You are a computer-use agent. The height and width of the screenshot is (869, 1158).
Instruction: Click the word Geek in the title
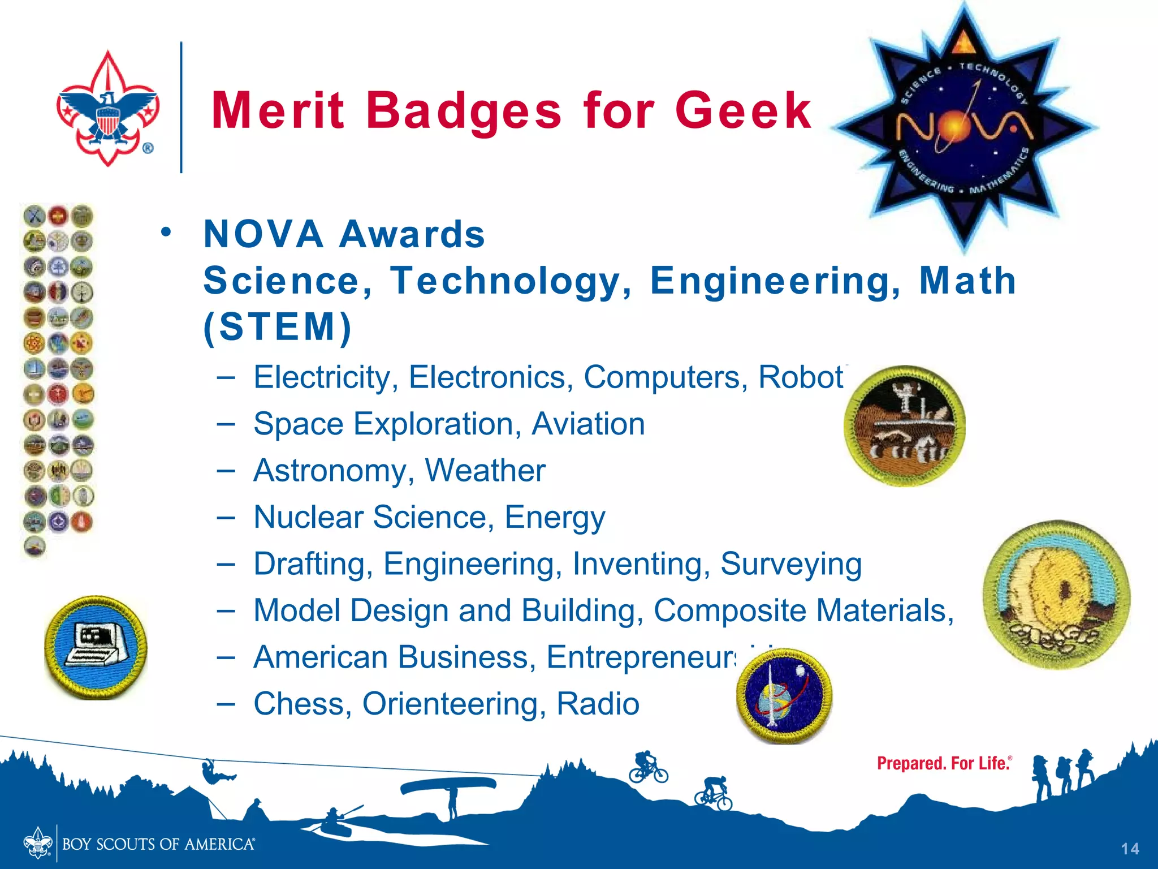coord(743,110)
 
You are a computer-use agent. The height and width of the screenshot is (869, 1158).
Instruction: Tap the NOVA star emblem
coord(964,127)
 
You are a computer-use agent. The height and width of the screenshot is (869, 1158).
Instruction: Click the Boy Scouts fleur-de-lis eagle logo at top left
coord(107,109)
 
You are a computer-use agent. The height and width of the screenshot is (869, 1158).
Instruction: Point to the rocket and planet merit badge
coord(784,696)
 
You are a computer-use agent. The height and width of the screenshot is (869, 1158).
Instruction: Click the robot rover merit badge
coord(904,425)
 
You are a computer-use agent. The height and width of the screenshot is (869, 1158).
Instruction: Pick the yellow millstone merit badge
coord(1056,594)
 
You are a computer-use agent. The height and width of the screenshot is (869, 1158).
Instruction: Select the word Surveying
coord(790,564)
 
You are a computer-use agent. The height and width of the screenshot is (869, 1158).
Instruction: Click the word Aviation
coord(588,424)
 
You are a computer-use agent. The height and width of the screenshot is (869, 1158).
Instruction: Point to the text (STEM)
coord(277,327)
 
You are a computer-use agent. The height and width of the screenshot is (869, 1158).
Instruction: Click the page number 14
coord(1130,849)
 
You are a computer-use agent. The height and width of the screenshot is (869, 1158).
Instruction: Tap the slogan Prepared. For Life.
coord(943,764)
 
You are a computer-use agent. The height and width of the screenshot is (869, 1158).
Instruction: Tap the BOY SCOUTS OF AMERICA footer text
coord(158,845)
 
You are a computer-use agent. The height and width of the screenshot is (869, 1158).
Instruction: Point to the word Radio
coord(598,704)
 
